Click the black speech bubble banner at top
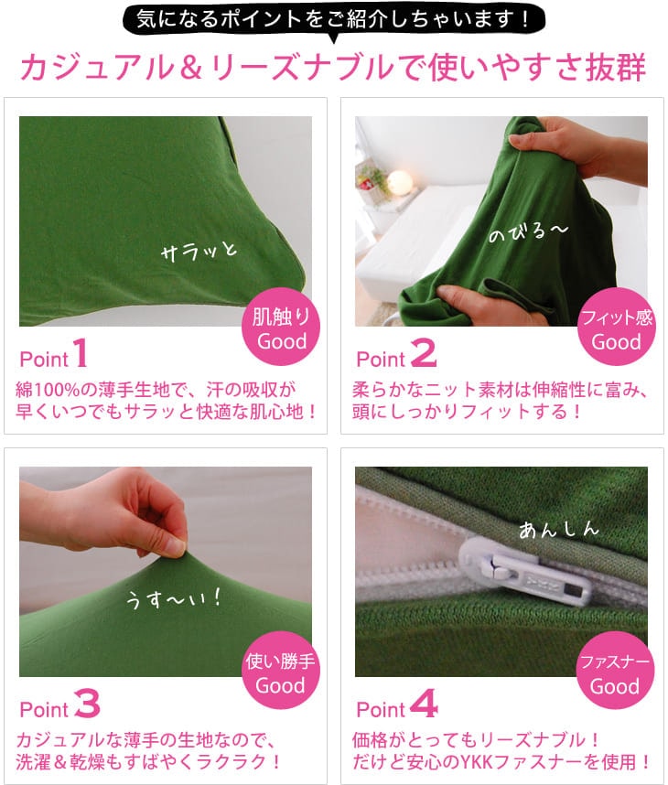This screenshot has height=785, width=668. coord(333,21)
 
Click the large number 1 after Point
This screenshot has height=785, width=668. coord(81,353)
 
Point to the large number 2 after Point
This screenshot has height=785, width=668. coord(423,353)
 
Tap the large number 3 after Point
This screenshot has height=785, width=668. coord(87,703)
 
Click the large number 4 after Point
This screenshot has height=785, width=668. coord(424,703)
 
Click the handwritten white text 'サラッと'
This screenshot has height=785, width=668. coord(199,251)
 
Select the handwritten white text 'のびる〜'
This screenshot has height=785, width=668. coord(528,231)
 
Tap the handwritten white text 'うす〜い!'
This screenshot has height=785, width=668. coord(173,598)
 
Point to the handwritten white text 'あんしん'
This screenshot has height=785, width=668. coord(559,530)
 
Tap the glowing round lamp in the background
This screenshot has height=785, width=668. coord(399,181)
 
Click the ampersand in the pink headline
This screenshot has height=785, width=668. coord(190,68)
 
